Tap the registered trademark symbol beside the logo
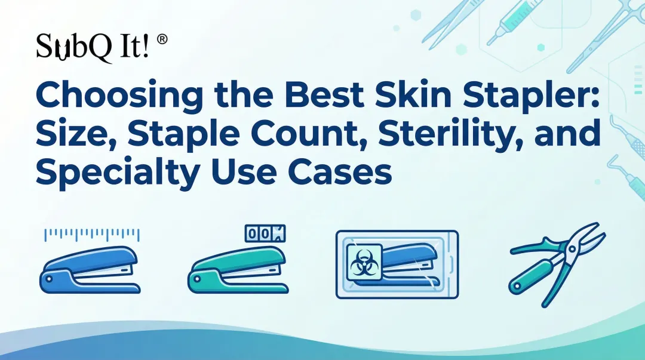tap(161, 40)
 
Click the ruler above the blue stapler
tap(92, 234)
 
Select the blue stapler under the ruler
tap(90, 269)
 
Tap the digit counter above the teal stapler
tap(265, 234)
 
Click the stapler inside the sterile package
tap(412, 263)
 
